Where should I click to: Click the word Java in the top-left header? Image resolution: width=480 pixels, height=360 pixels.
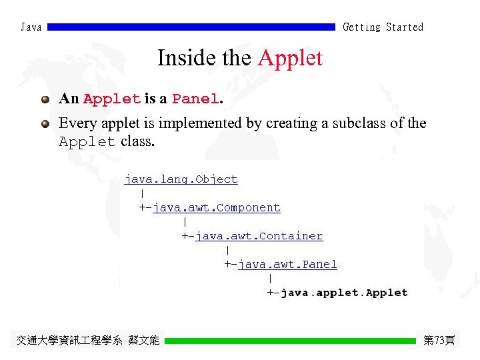click(31, 27)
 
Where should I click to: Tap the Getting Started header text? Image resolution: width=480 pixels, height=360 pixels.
click(383, 27)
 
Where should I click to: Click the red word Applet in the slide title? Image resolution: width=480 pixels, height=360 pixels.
click(290, 58)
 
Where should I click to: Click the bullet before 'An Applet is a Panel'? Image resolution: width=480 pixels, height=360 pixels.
click(45, 99)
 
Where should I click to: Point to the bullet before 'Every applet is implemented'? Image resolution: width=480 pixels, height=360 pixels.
click(45, 123)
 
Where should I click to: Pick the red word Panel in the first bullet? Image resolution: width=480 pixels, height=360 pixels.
click(195, 99)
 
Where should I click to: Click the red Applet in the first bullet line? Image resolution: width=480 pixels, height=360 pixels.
click(112, 99)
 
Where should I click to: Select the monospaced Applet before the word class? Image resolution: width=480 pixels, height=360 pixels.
click(87, 142)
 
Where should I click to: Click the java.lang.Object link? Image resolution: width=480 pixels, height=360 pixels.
click(181, 179)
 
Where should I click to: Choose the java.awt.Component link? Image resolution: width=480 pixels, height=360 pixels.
click(217, 208)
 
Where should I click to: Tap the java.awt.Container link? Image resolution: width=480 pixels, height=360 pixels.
click(259, 236)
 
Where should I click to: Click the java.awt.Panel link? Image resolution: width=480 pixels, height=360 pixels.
click(287, 265)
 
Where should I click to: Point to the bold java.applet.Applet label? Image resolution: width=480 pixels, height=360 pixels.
click(344, 293)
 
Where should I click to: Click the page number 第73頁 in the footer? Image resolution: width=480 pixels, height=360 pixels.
click(439, 341)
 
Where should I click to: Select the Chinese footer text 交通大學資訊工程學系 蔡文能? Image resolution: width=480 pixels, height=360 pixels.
click(87, 341)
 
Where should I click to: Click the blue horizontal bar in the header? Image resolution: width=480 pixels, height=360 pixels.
click(191, 27)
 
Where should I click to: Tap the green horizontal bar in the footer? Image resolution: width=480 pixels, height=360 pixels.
click(290, 341)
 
